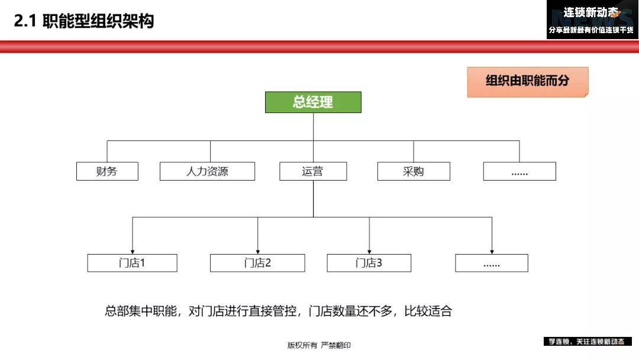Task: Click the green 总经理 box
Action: [313, 102]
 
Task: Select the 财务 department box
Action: [107, 171]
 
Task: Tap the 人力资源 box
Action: [208, 171]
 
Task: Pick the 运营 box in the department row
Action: [313, 171]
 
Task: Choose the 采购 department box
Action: [414, 171]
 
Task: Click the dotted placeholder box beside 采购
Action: [519, 171]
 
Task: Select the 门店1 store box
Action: [133, 263]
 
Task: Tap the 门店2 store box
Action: [257, 263]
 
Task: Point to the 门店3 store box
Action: [369, 263]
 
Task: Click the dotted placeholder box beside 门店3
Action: [492, 263]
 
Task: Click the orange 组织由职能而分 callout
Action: [528, 82]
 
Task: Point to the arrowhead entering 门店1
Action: [133, 252]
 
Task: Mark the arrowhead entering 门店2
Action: [257, 252]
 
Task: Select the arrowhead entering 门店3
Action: [369, 252]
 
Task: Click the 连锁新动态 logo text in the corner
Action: [591, 12]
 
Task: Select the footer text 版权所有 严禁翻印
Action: [319, 345]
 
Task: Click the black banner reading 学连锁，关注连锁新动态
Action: [588, 342]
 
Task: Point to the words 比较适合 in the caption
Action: [428, 311]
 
